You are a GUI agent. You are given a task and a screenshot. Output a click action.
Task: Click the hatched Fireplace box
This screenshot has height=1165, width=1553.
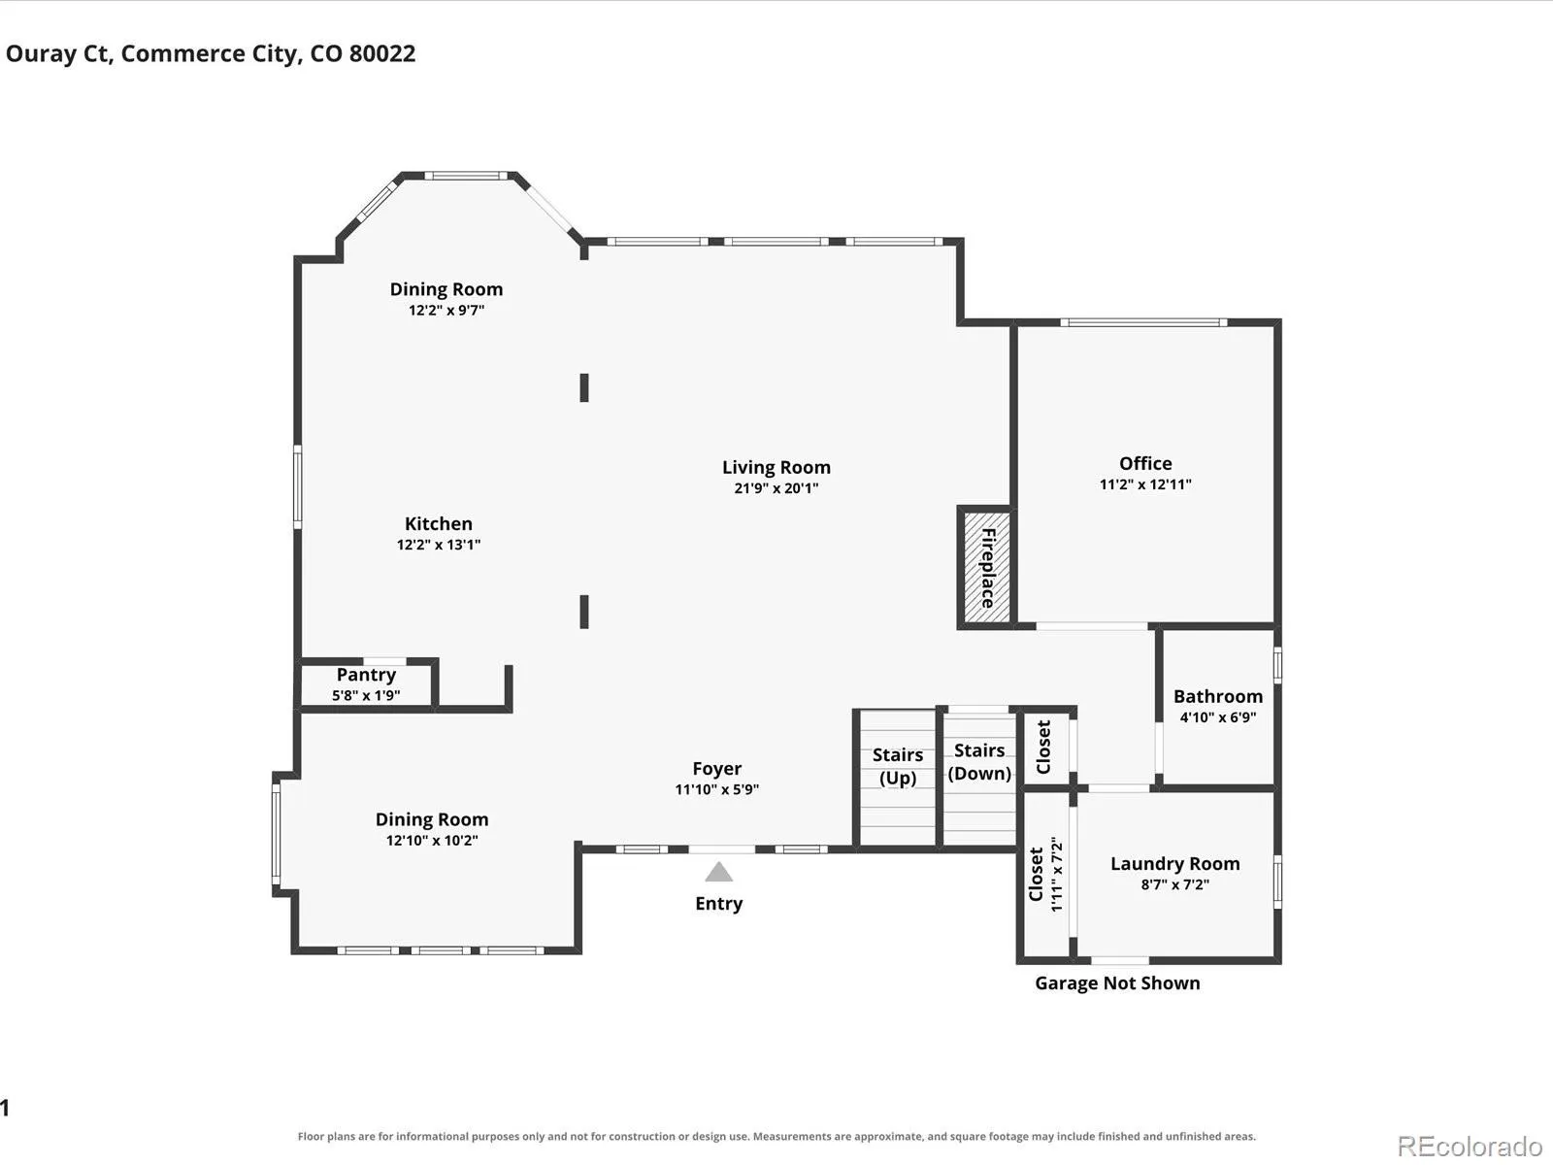click(986, 567)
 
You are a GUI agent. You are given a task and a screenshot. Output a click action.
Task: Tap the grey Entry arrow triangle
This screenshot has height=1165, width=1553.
click(719, 872)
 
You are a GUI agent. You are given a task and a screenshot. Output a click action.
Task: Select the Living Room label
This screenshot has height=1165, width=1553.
click(776, 468)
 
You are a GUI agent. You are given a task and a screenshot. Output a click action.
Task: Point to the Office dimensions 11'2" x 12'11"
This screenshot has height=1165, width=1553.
click(1145, 484)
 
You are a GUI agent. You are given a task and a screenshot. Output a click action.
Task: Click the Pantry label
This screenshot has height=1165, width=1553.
click(366, 675)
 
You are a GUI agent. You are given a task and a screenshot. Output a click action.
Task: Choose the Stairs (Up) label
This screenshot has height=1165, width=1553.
click(898, 766)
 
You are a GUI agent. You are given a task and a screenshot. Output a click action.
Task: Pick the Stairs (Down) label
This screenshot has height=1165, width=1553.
click(979, 762)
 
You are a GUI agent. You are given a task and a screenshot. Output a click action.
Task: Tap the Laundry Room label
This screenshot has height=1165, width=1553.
click(1175, 864)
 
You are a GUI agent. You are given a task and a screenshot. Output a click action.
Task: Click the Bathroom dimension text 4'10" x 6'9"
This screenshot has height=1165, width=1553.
click(1218, 717)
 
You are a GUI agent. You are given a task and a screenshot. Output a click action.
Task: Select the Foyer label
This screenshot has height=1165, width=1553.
click(716, 769)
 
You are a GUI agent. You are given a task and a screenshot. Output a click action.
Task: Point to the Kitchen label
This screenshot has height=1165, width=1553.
click(439, 524)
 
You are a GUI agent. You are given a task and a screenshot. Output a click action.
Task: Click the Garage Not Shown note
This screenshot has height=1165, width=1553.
click(1117, 983)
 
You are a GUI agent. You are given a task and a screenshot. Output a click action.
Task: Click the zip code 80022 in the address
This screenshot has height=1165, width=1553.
click(382, 53)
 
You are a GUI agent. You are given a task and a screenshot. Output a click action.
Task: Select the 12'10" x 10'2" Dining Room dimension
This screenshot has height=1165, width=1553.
click(432, 841)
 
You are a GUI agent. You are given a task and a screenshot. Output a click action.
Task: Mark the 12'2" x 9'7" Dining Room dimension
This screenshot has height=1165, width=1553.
click(446, 310)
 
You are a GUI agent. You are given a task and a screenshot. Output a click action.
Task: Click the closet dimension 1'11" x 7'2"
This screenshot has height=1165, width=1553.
click(1056, 875)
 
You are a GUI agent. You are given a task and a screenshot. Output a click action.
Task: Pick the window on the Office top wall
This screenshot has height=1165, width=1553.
click(1143, 322)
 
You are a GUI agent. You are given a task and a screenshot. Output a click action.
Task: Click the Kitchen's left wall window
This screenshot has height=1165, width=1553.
click(298, 486)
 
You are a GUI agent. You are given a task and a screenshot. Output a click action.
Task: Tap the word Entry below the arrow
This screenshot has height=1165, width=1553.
click(719, 904)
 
